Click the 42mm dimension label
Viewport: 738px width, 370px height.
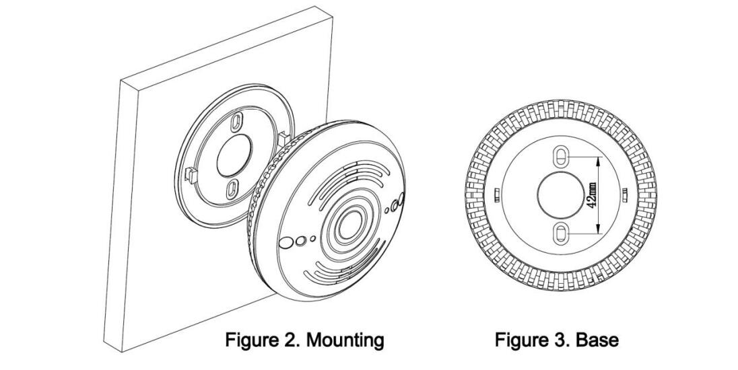click(x=591, y=196)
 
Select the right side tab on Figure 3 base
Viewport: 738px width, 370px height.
click(x=625, y=195)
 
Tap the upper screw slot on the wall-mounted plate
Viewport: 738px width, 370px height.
click(x=236, y=123)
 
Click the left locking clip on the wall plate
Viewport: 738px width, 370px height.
click(x=189, y=176)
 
